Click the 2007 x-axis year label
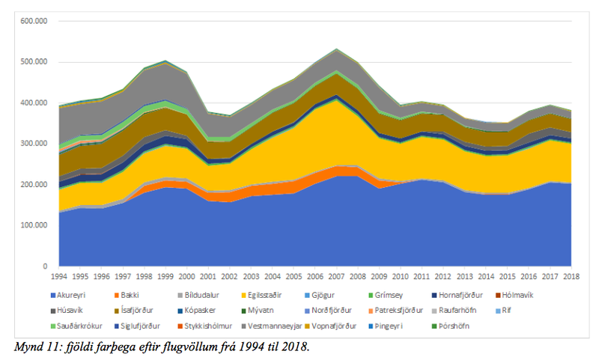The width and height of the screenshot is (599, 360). tap(338, 275)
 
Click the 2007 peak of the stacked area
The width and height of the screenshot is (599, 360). tap(338, 49)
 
